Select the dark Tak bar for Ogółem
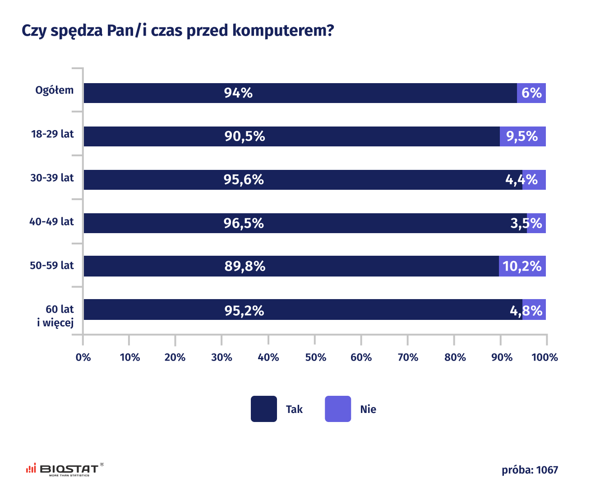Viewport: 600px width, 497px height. [300, 93]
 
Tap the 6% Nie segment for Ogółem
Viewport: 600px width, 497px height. [531, 93]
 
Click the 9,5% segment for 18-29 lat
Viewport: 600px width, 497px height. [522, 136]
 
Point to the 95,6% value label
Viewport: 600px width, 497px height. [244, 180]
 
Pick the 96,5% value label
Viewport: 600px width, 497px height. [244, 223]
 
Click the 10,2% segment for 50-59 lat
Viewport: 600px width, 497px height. [522, 266]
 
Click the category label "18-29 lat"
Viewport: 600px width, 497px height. [52, 134]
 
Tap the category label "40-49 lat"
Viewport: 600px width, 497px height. [51, 222]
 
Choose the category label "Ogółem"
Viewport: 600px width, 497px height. [55, 90]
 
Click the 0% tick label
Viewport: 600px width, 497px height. [83, 357]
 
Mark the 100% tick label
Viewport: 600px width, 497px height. [545, 357]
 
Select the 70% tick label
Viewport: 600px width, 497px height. [408, 357]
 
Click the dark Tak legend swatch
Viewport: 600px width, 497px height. [264, 409]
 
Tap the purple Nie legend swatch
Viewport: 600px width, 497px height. [338, 409]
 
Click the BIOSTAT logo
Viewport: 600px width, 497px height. [65, 470]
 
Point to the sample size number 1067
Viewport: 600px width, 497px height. [547, 470]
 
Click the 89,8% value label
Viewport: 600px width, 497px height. [245, 266]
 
